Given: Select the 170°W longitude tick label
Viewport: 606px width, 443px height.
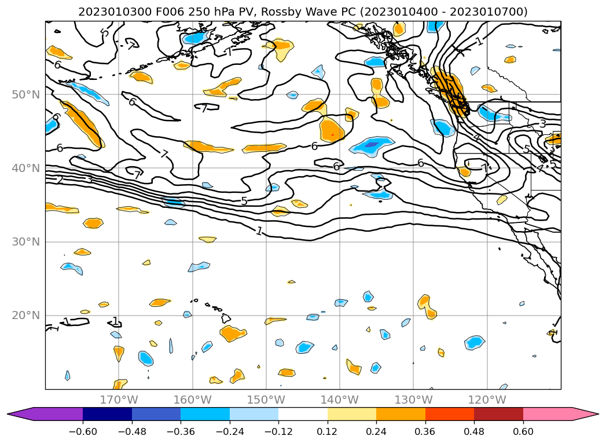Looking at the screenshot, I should (119, 400).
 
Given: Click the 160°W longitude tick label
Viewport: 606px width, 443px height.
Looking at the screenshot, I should (192, 400).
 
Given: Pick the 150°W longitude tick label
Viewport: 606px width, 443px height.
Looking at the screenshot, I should (266, 400).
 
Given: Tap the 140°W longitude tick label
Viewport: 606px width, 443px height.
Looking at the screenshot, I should (339, 400).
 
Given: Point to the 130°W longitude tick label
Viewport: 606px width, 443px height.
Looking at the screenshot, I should (413, 400).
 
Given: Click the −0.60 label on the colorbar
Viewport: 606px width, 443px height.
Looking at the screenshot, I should (83, 431).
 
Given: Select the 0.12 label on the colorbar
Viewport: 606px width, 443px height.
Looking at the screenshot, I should (328, 431).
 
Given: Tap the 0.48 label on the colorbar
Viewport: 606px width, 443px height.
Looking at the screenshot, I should (474, 431).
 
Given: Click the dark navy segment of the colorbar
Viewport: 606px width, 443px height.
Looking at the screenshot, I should (107, 413).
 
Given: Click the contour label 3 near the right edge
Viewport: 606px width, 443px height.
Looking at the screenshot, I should (542, 123).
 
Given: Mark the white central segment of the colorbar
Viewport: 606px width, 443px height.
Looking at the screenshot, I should (303, 413).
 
